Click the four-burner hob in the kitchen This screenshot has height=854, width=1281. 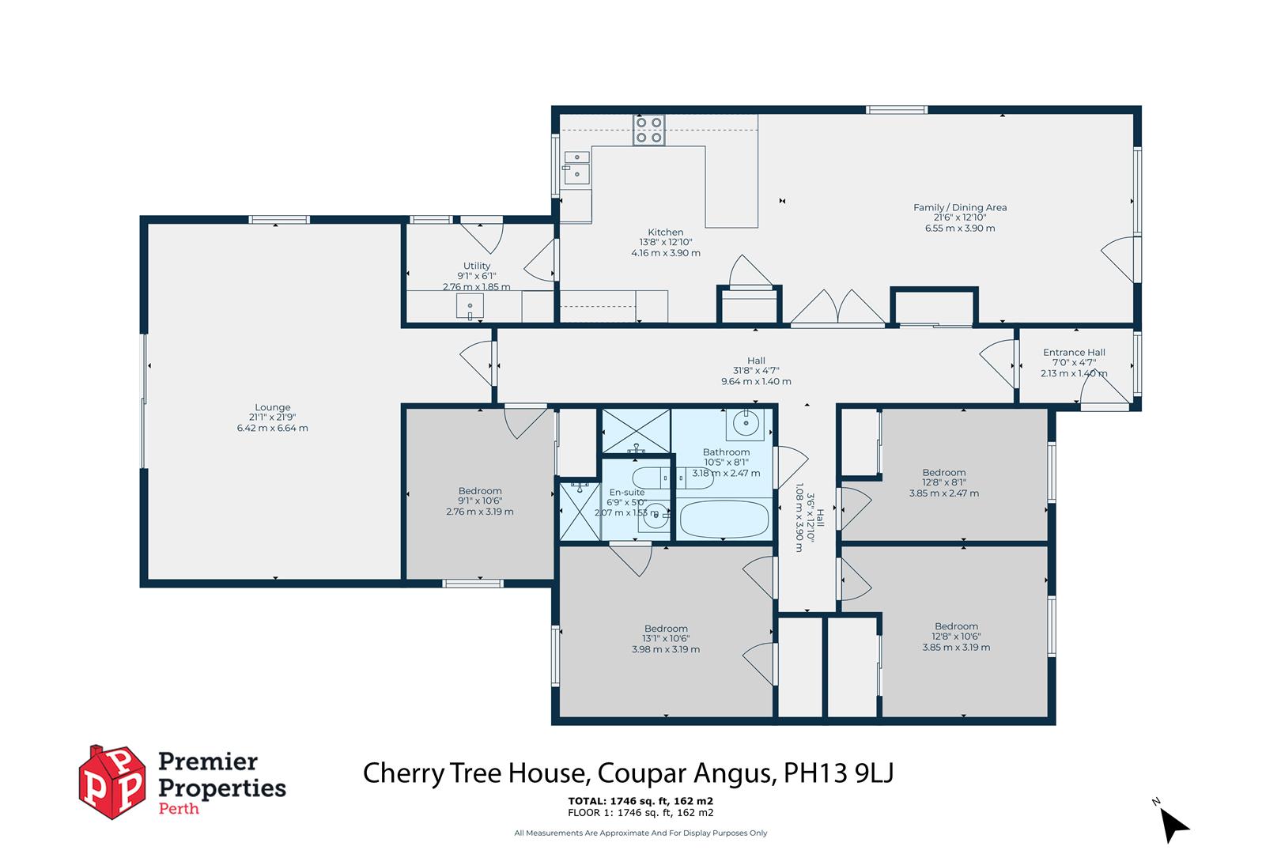pyautogui.click(x=648, y=130)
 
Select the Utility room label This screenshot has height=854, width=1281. pyautogui.click(x=477, y=266)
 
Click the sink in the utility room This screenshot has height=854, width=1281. pyautogui.click(x=470, y=307)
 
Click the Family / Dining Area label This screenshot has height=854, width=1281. pyautogui.click(x=960, y=207)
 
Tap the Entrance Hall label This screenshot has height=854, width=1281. pyautogui.click(x=1074, y=353)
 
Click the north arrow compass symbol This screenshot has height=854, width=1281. pyautogui.click(x=1175, y=826)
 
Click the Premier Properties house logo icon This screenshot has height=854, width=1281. pyautogui.click(x=113, y=782)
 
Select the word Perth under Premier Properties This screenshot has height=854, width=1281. pyautogui.click(x=179, y=809)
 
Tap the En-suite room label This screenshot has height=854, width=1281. pyautogui.click(x=626, y=492)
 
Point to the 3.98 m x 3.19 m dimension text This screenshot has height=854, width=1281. pyautogui.click(x=665, y=649)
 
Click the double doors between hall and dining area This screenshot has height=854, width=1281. pyautogui.click(x=838, y=308)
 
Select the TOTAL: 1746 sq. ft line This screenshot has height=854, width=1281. pyautogui.click(x=640, y=800)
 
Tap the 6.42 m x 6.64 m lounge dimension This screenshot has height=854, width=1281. pyautogui.click(x=272, y=428)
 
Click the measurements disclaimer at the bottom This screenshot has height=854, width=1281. pyautogui.click(x=640, y=833)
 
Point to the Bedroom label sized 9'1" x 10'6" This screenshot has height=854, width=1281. pyautogui.click(x=480, y=491)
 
